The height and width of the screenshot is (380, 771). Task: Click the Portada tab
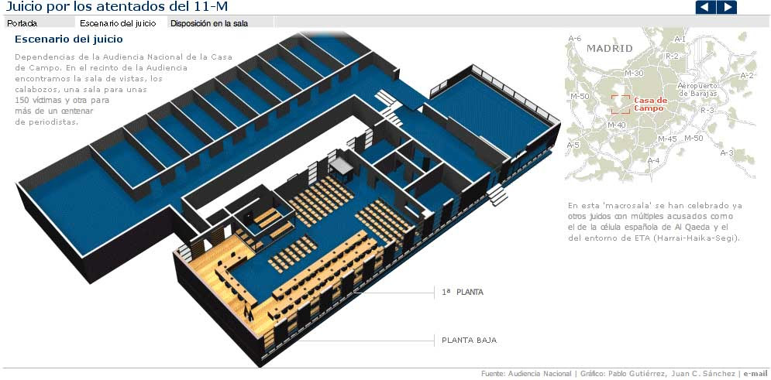22,23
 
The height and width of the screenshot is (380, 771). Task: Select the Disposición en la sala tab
209,23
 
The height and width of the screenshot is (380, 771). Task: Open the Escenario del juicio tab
122,23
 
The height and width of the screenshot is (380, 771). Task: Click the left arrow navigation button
705,8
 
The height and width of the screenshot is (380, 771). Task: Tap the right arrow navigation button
727,8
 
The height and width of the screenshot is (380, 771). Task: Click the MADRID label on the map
609,49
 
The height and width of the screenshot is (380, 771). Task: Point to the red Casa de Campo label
650,104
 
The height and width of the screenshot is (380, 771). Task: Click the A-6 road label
574,39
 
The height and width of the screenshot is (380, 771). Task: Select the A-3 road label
726,153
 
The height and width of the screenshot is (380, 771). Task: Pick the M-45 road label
667,139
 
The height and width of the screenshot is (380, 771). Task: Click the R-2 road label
672,56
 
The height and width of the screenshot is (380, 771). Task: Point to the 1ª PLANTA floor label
462,293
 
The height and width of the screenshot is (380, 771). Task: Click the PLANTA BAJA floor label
469,340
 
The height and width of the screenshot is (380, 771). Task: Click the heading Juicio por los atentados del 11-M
116,7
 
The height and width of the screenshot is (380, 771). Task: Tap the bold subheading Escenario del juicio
68,39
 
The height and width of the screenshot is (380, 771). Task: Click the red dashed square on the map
619,104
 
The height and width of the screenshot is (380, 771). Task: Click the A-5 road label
573,145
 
